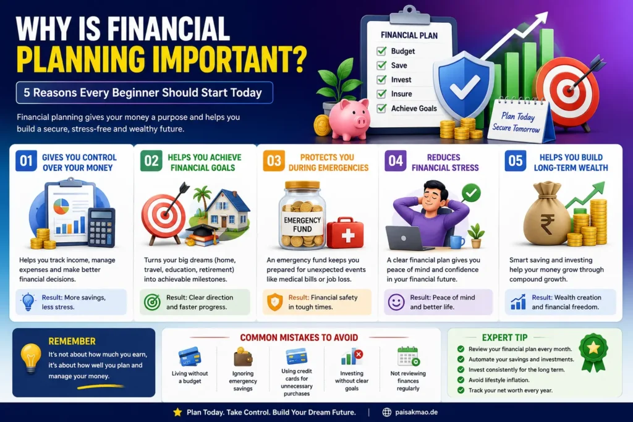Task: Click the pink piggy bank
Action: tap(350, 119)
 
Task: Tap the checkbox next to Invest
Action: tap(381, 80)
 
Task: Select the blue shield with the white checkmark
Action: tap(464, 86)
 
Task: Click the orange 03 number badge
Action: tap(274, 161)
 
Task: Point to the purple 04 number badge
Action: tap(396, 161)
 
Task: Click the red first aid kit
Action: tap(345, 233)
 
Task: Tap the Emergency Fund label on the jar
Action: tap(302, 225)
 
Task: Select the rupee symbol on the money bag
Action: tap(548, 224)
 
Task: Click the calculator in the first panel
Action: tap(101, 227)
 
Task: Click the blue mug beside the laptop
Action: tap(457, 242)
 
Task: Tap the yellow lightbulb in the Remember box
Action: tap(31, 358)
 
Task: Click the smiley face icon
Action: tap(396, 302)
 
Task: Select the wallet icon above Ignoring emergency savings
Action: tap(243, 357)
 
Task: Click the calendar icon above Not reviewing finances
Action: tap(408, 357)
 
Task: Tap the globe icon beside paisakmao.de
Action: tap(387, 412)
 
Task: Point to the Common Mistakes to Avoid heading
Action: tap(299, 338)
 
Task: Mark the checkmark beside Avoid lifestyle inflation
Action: tap(461, 380)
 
